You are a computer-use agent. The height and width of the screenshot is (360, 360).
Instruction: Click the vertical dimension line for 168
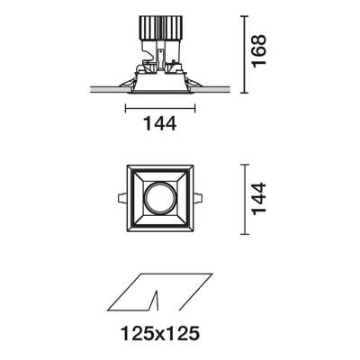click(245, 52)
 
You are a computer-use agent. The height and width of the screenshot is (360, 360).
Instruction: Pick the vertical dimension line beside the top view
click(245, 198)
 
